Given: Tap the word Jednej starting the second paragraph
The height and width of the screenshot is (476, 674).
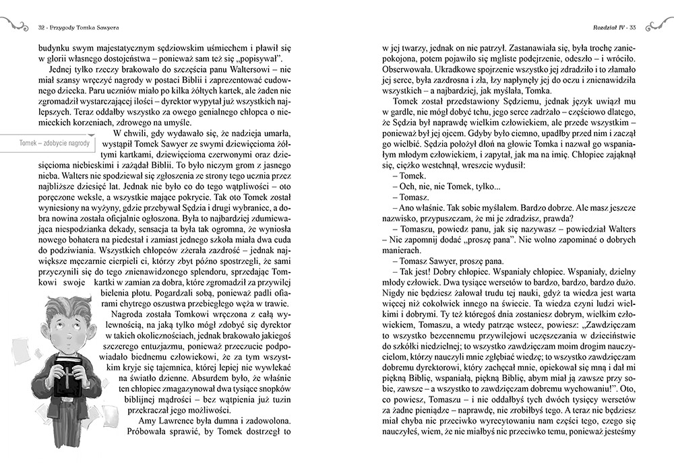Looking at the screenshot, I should (x=60, y=71).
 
